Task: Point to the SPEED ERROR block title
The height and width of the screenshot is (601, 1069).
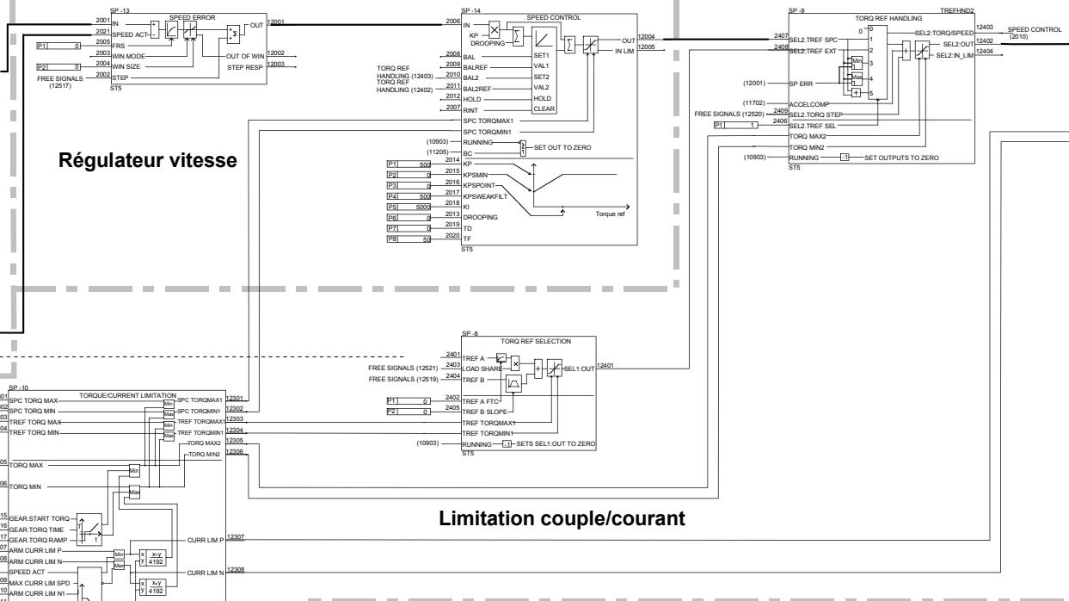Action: [192, 17]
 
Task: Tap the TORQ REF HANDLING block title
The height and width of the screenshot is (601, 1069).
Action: [876, 17]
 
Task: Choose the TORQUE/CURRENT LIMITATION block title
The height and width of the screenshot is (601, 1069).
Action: [127, 394]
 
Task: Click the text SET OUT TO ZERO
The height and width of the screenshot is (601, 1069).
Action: [562, 148]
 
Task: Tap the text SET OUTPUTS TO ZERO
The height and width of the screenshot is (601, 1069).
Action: [901, 158]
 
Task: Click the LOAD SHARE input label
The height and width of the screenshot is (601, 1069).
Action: [482, 368]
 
